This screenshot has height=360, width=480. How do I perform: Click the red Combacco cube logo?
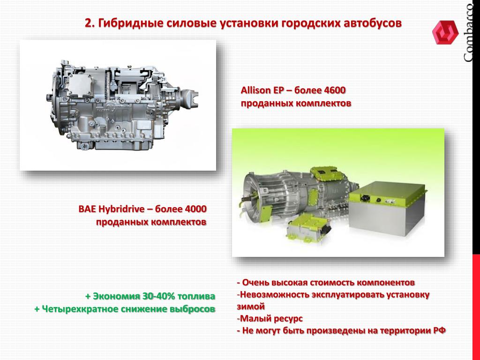pos(445,32)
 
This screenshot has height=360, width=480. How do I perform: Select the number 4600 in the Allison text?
pos(334,90)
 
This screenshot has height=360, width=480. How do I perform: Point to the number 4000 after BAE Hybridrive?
pos(195,209)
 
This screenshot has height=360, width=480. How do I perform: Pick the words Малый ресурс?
pos(271,319)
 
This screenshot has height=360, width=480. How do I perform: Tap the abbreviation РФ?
pos(439,330)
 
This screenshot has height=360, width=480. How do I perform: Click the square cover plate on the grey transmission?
pos(80,84)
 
